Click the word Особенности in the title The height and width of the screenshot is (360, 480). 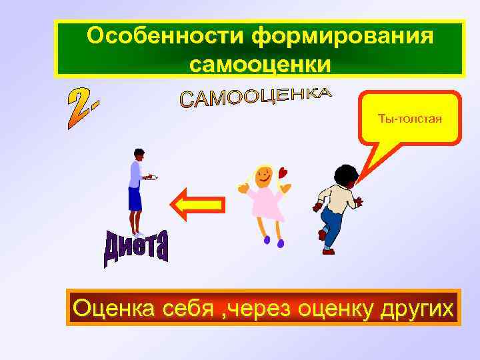pyautogui.click(x=167, y=37)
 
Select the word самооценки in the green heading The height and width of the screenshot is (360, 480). pyautogui.click(x=260, y=64)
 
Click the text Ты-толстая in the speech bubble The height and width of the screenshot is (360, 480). pyautogui.click(x=410, y=119)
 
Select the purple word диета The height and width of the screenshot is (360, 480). pyautogui.click(x=137, y=250)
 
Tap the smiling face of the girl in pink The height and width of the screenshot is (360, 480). pyautogui.click(x=263, y=177)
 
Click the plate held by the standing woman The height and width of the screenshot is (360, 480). pyautogui.click(x=151, y=177)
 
